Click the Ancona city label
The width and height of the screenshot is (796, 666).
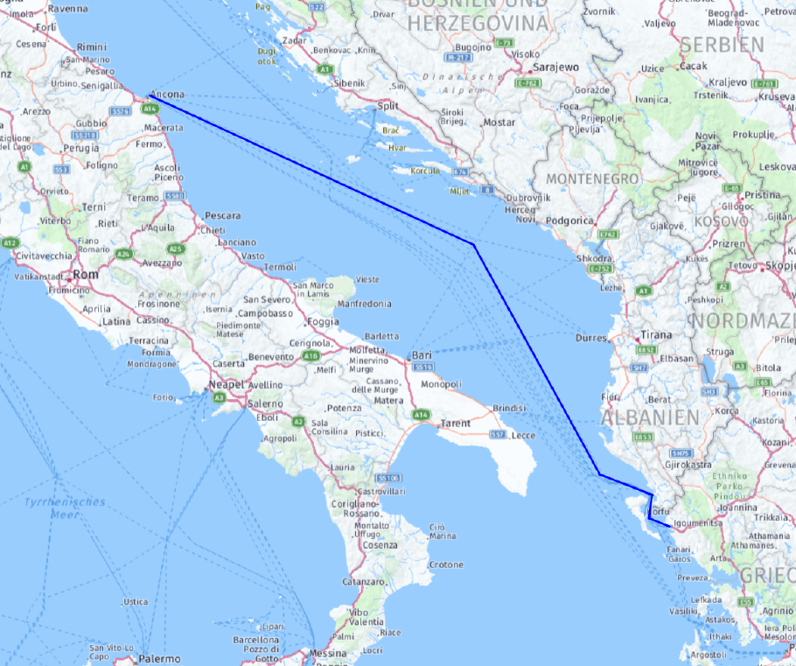168,94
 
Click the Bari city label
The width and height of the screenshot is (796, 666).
422,356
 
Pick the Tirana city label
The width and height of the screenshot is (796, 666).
655,335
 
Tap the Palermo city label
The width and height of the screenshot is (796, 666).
159,658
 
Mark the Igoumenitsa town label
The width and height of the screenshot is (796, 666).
696,523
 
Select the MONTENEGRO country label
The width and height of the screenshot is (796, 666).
592,179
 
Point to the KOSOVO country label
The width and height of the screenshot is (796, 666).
722,221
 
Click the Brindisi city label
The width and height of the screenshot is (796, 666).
509,408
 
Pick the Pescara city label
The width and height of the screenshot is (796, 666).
222,215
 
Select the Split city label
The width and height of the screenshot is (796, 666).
388,106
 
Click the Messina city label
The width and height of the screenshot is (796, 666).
328,654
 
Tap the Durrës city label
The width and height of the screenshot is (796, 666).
592,338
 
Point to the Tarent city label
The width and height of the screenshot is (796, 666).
456,423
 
